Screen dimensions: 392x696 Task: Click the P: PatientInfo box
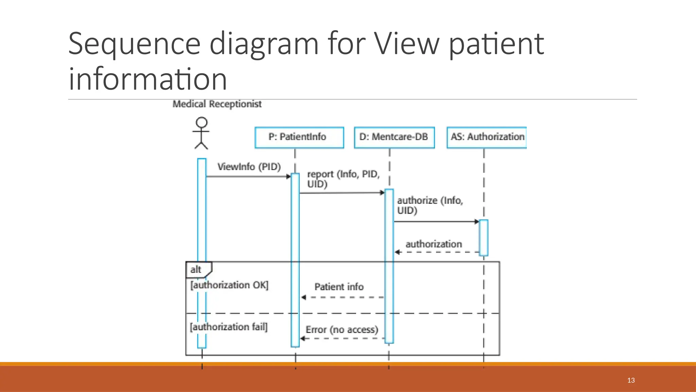point(299,137)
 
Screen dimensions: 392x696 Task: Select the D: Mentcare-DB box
point(394,137)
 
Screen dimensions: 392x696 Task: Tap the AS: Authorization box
point(487,137)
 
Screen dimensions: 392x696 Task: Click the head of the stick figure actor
point(202,122)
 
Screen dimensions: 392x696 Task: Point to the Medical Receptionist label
point(217,104)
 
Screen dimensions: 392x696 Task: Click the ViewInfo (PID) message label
point(249,167)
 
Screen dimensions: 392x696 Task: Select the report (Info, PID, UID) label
point(343,179)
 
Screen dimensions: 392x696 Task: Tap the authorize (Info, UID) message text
point(430,205)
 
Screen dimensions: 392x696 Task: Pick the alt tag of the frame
point(196,269)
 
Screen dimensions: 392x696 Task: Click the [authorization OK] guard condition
point(229,285)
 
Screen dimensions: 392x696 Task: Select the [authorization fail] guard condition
point(228,327)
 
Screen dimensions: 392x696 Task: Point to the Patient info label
point(339,287)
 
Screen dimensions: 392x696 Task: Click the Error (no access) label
point(342,330)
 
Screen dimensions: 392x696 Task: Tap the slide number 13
point(631,380)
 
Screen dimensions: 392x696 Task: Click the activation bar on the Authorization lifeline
point(484,238)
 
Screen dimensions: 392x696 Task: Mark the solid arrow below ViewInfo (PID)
point(248,176)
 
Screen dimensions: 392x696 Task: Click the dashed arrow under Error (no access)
point(342,339)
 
